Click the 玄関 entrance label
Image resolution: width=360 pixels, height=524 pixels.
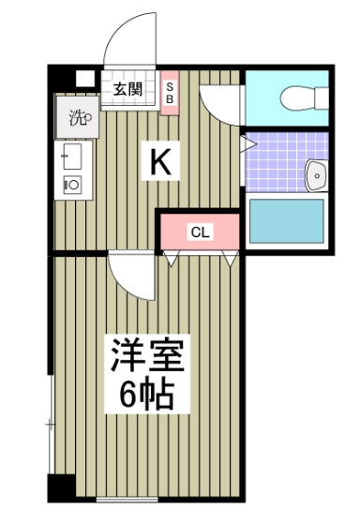(x=127, y=89)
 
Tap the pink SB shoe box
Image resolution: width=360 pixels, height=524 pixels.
(x=170, y=93)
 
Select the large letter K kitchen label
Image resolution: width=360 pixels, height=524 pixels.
(x=160, y=161)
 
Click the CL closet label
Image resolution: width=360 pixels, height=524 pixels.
(x=201, y=232)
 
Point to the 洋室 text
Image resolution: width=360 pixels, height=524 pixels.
(x=147, y=355)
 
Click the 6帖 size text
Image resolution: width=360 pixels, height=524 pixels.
(x=147, y=395)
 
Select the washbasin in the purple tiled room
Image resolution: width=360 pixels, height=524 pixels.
(x=317, y=175)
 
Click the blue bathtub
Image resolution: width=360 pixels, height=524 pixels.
(x=287, y=221)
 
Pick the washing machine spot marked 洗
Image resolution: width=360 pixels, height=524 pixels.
(x=78, y=117)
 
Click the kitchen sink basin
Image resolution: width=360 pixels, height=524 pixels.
(x=72, y=157)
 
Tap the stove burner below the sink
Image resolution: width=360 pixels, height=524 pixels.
(x=72, y=184)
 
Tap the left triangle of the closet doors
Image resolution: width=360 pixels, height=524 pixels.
(x=172, y=259)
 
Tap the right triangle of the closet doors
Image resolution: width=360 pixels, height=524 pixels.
(x=231, y=259)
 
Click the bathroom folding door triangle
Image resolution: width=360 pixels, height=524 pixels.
(x=248, y=144)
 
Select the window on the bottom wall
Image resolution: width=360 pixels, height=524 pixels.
(x=127, y=500)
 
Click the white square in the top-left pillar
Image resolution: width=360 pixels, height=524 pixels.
(x=85, y=79)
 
